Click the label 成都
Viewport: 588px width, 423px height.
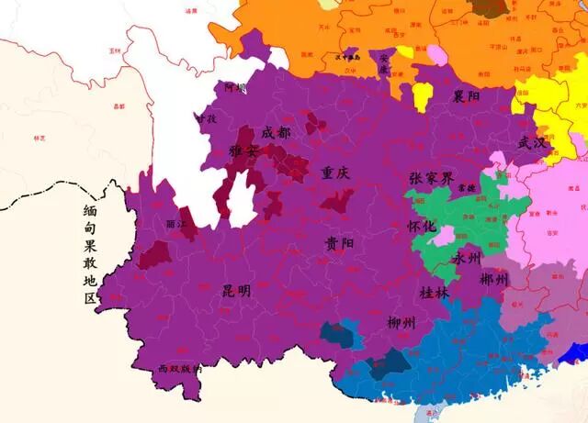[x=276, y=133]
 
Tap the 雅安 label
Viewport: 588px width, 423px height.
[x=244, y=150]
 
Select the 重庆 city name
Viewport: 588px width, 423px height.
[x=335, y=173]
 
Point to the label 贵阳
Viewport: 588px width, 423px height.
[x=338, y=243]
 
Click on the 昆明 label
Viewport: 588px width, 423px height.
[x=236, y=291]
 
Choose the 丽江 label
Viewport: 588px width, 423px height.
[x=176, y=223]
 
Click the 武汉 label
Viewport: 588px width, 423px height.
[x=531, y=143]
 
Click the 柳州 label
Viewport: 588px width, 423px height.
[x=401, y=322]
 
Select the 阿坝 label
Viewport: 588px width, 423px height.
[x=235, y=88]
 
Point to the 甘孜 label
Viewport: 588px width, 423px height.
[x=206, y=118]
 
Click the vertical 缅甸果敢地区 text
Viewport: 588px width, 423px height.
[x=89, y=254]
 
